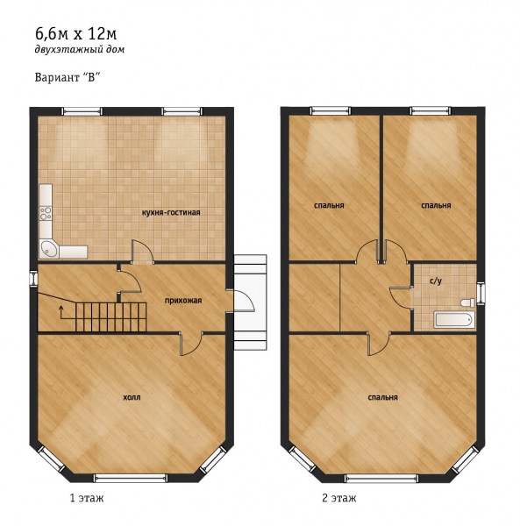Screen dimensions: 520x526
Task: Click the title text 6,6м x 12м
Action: pyautogui.click(x=75, y=34)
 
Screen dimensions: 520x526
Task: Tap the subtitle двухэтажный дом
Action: pyautogui.click(x=80, y=50)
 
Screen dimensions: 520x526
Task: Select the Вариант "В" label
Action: pyautogui.click(x=68, y=77)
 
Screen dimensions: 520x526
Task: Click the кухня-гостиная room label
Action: pyautogui.click(x=171, y=213)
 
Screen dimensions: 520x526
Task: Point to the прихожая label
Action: pyautogui.click(x=183, y=301)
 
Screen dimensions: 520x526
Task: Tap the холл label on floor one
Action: pyautogui.click(x=132, y=397)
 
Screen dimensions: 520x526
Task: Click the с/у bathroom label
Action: pyautogui.click(x=436, y=281)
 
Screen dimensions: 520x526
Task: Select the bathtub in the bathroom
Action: pyautogui.click(x=454, y=320)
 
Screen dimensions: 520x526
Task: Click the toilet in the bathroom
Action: pyautogui.click(x=467, y=302)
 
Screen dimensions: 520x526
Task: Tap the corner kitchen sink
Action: pyautogui.click(x=49, y=249)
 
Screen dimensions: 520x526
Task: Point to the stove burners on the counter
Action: pyautogui.click(x=46, y=213)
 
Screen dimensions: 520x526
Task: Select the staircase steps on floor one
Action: pyautogui.click(x=110, y=317)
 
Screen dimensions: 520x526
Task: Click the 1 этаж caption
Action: pyautogui.click(x=87, y=498)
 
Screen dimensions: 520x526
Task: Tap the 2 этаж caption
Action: pyautogui.click(x=338, y=498)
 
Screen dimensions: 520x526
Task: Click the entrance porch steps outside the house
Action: pyautogui.click(x=250, y=302)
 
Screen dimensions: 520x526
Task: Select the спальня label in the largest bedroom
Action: pyautogui.click(x=383, y=397)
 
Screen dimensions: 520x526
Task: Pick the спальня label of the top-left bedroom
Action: pyautogui.click(x=329, y=205)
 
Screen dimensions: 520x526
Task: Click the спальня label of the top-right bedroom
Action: pyautogui.click(x=436, y=205)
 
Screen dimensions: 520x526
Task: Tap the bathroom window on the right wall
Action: pyautogui.click(x=481, y=293)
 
